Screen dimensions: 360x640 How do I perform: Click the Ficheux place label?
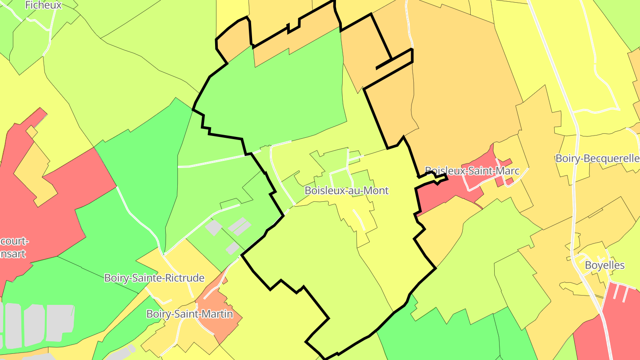43,5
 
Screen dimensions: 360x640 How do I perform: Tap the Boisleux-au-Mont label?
347,191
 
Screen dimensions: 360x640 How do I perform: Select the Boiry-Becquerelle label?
597,159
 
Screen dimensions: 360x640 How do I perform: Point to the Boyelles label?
604,265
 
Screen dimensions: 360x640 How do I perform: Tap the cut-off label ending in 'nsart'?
13,254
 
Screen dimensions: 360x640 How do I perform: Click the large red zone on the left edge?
67,213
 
